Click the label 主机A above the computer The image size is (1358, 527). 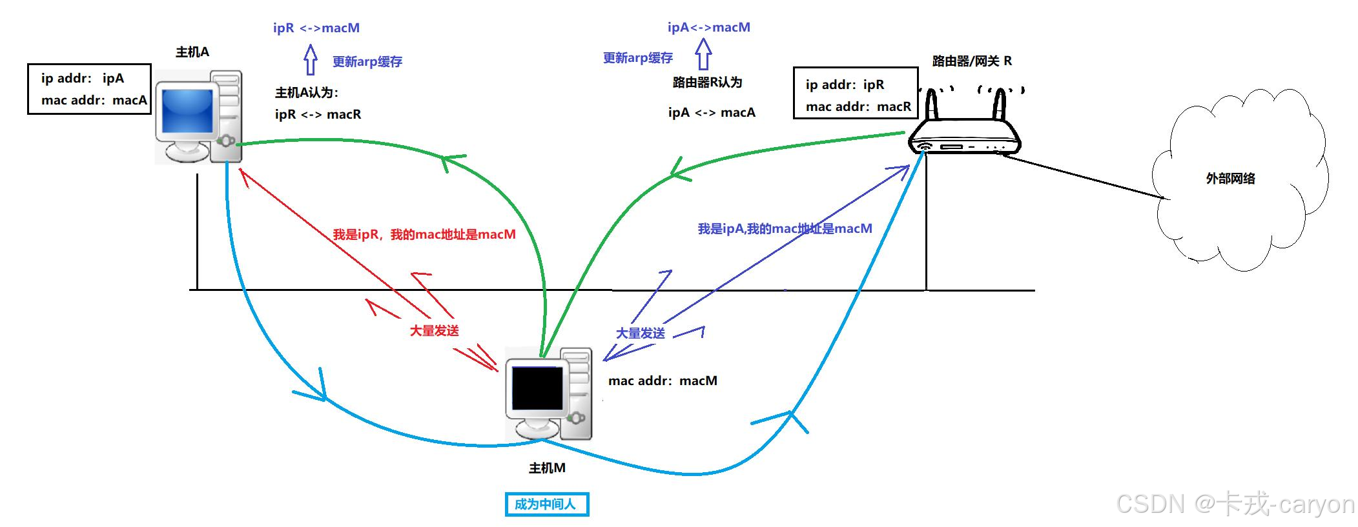click(192, 52)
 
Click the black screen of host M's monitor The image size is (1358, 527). click(537, 388)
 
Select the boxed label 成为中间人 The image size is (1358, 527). click(546, 504)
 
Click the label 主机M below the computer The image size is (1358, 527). click(547, 468)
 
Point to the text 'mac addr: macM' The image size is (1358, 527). click(663, 381)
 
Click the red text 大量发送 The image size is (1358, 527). click(434, 331)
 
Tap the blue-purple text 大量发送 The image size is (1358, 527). click(640, 333)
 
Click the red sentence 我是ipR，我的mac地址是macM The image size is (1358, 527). click(424, 235)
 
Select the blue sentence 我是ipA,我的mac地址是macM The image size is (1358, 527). click(785, 229)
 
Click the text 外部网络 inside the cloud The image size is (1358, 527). click(1230, 179)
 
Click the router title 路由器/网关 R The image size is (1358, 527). click(972, 61)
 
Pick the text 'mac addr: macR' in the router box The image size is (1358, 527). click(858, 107)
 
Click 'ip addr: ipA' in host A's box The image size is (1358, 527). click(83, 79)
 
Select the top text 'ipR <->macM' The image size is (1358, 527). click(316, 28)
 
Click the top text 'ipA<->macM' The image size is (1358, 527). click(708, 28)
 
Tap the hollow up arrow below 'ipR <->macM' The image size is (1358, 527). click(311, 60)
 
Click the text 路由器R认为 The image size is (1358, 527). click(707, 83)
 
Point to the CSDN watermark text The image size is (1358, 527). click(1235, 504)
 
